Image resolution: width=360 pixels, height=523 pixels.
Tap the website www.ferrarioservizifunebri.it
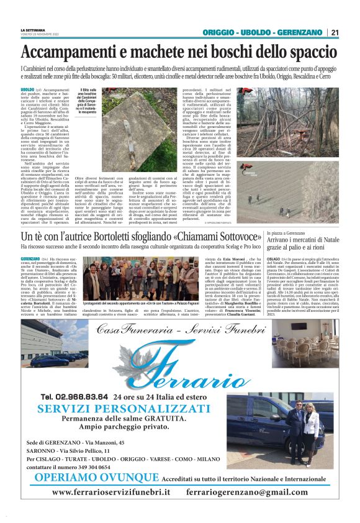[111, 492]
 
